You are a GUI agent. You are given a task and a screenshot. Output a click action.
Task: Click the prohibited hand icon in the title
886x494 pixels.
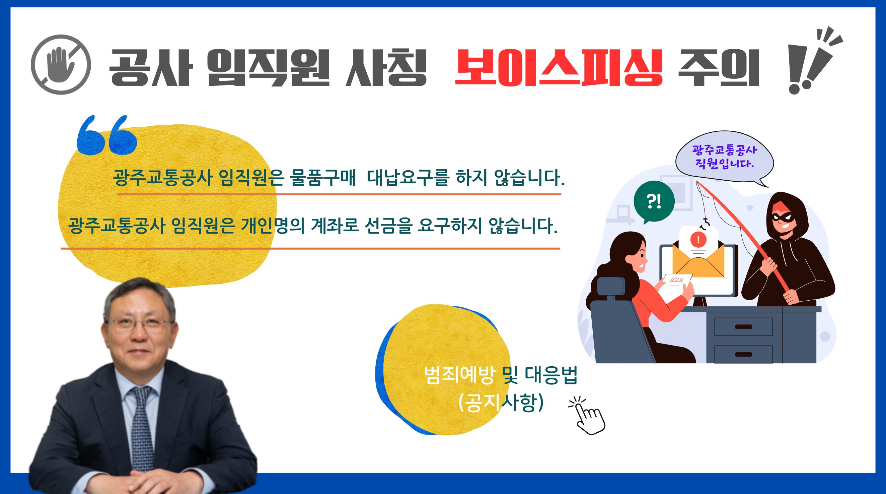(61, 64)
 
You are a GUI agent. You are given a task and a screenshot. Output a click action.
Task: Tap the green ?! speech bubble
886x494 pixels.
(654, 202)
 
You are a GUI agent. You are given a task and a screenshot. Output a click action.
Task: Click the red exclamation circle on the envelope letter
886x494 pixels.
(698, 239)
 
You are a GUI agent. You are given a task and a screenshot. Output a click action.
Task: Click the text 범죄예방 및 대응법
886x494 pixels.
(501, 376)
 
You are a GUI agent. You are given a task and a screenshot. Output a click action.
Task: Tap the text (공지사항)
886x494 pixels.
(501, 403)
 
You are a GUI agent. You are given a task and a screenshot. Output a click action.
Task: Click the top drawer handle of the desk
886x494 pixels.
(743, 326)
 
